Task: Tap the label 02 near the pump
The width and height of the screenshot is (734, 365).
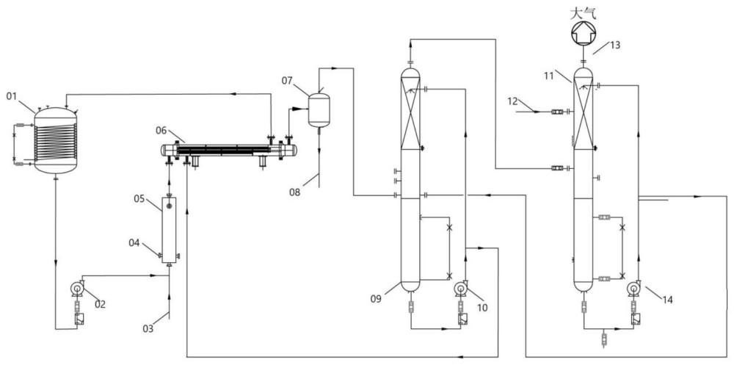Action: [101, 304]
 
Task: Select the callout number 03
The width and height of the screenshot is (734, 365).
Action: [148, 328]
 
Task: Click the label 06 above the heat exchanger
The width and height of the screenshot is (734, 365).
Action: [162, 131]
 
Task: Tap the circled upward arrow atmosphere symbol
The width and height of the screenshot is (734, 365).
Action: [584, 33]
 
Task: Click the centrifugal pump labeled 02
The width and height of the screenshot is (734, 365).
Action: [76, 288]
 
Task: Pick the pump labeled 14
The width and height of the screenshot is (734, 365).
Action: [634, 288]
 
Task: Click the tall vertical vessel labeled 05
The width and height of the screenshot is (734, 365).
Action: [169, 231]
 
